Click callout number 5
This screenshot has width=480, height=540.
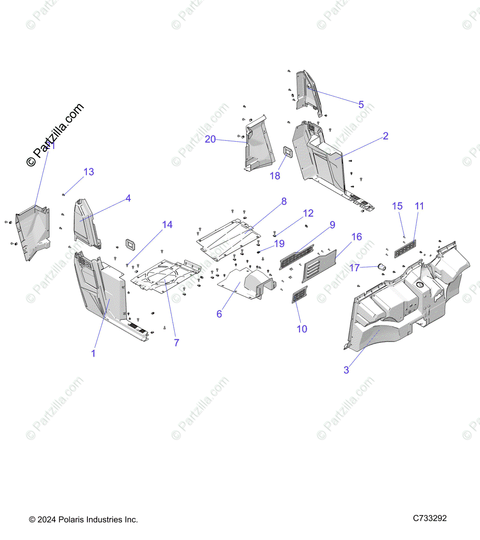click(x=361, y=105)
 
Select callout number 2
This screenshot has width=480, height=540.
click(x=385, y=136)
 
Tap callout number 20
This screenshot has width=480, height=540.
click(x=210, y=139)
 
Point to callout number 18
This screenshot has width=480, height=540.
click(x=275, y=176)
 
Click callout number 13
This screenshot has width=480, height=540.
click(x=89, y=172)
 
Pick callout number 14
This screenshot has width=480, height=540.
click(x=167, y=225)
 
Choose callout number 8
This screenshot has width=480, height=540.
click(x=284, y=202)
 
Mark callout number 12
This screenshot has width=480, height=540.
click(x=308, y=213)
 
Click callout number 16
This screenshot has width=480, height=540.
click(x=357, y=237)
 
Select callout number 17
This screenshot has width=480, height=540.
click(x=355, y=268)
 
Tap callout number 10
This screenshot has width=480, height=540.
click(x=302, y=329)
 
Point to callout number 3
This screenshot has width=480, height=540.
click(x=346, y=370)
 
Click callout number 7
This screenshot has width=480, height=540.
click(x=177, y=343)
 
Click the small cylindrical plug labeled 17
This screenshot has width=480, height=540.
click(x=382, y=267)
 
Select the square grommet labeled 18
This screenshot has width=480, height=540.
click(x=287, y=152)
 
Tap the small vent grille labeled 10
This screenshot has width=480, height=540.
click(x=299, y=295)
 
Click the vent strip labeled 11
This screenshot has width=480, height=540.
click(x=405, y=249)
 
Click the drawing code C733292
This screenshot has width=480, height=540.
click(x=430, y=518)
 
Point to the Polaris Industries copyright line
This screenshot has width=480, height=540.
click(x=83, y=520)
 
